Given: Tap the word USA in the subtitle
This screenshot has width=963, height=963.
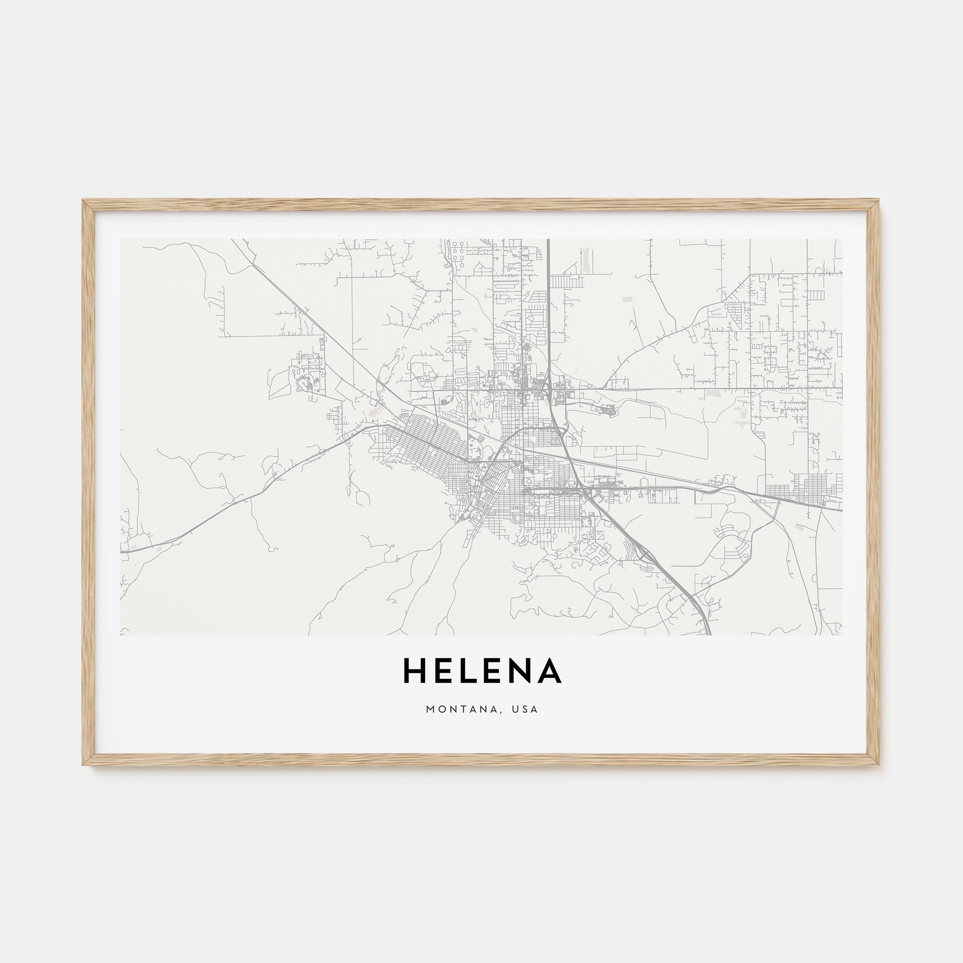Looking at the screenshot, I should [528, 709].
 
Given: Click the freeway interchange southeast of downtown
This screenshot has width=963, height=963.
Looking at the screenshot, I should [643, 553].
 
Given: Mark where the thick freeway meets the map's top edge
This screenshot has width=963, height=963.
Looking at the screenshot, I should [548, 240].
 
